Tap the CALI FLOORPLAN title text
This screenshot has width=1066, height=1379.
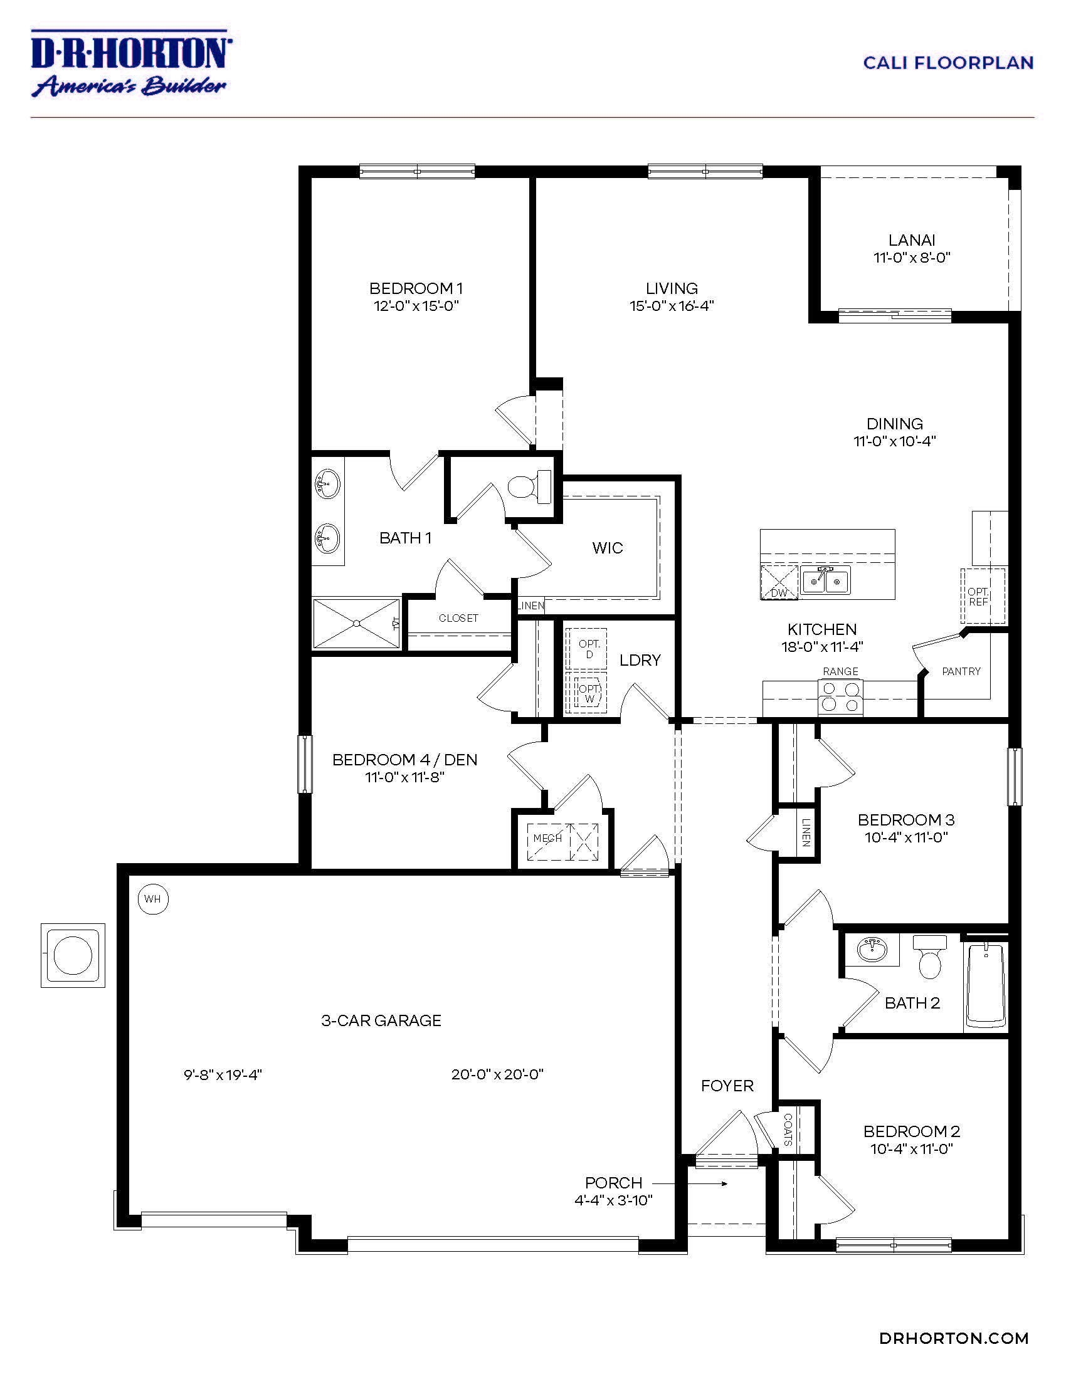click(947, 63)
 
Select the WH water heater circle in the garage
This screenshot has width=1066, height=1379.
click(153, 898)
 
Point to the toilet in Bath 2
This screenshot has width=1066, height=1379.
click(929, 958)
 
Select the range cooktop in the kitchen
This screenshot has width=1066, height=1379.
click(840, 697)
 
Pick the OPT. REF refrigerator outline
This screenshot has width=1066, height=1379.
click(983, 595)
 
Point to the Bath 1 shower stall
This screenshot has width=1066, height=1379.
click(357, 623)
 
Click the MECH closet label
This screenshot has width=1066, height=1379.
click(547, 839)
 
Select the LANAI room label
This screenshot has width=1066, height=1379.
click(911, 240)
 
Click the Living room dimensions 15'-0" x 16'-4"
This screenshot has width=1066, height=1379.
click(672, 307)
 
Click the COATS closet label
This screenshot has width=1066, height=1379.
click(788, 1130)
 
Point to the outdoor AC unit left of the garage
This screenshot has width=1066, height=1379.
click(73, 955)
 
